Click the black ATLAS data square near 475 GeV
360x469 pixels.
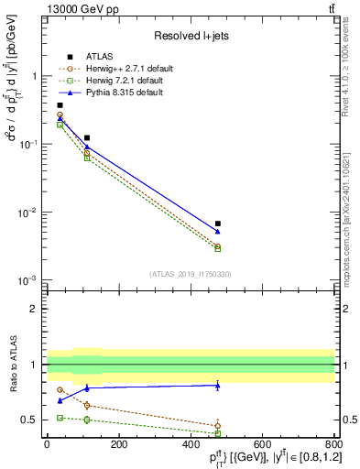coord(217,224)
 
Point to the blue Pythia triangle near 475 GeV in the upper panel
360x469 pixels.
coord(217,232)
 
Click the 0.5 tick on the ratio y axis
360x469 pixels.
coord(32,420)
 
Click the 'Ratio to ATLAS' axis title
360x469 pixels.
coord(13,364)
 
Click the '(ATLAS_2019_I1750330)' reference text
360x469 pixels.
coord(190,274)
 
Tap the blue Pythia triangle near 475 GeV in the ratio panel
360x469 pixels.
coord(217,386)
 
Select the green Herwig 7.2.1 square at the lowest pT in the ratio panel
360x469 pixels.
coord(60,418)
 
